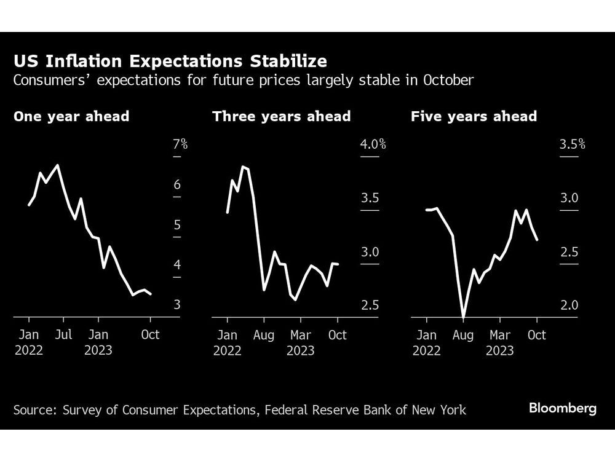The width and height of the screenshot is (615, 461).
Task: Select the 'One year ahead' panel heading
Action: tap(71, 116)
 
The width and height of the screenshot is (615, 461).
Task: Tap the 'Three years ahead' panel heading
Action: tap(282, 116)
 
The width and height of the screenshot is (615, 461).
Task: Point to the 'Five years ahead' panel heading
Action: tap(474, 116)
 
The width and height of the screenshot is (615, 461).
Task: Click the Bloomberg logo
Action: tap(562, 409)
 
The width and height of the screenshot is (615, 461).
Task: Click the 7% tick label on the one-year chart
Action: tap(180, 145)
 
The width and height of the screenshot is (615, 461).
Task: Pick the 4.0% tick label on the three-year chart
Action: tap(373, 145)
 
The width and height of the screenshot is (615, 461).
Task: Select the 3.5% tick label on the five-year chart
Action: tap(572, 145)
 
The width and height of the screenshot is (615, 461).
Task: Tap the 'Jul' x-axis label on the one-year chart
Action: tap(63, 335)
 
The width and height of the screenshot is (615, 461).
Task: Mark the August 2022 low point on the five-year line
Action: tap(463, 317)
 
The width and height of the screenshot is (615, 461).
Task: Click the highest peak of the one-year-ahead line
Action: tap(58, 165)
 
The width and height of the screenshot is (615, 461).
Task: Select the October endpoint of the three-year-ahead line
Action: tap(338, 264)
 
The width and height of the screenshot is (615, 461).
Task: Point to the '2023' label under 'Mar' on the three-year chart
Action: tap(300, 351)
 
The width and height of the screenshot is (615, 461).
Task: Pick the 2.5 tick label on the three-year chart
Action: tap(370, 305)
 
